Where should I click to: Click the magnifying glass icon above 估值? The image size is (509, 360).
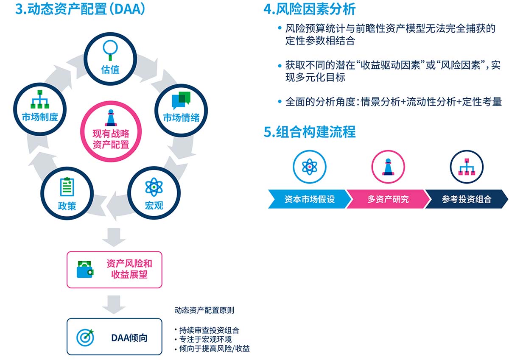point(110,50)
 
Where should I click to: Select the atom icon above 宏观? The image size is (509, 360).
point(154,187)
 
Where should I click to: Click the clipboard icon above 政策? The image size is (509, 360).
point(67,187)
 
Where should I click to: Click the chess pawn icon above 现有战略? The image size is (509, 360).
point(111,117)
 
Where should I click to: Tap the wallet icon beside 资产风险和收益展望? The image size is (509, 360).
point(85,269)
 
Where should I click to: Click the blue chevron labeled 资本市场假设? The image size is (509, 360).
point(310,199)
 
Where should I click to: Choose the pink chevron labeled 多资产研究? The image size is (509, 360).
point(388,199)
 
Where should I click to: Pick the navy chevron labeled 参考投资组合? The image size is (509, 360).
point(467,199)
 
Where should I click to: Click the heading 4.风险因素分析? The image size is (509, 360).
point(310,9)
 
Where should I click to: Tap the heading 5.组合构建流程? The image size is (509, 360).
point(310,132)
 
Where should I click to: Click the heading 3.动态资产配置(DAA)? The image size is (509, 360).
point(80,9)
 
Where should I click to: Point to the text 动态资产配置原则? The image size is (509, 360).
point(204,310)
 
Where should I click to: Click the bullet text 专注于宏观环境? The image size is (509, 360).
point(205,339)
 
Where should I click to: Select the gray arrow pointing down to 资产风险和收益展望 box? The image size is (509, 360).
point(114,237)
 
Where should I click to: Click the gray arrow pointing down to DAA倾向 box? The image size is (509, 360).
point(114,304)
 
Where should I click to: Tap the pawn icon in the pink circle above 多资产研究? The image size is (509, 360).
point(388,167)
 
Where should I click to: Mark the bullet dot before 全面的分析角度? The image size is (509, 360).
point(280,101)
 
